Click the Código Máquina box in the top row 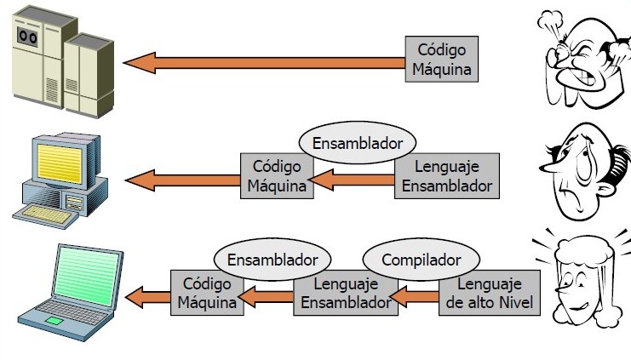click(440, 59)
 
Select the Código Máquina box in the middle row click(277, 176)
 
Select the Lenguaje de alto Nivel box click(490, 294)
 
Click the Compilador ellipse click(422, 259)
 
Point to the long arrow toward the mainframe click(264, 62)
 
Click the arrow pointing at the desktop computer click(183, 179)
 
